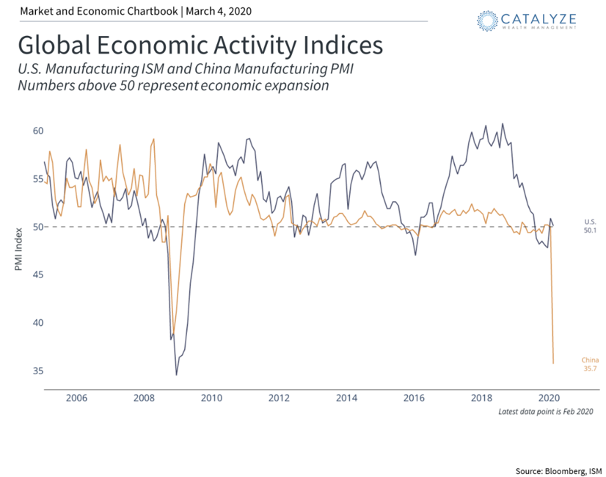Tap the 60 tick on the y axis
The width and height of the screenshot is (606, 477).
click(37, 131)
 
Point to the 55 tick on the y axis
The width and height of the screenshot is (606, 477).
click(37, 179)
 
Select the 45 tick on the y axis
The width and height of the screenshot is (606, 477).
click(37, 274)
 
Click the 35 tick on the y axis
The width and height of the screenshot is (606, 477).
click(37, 371)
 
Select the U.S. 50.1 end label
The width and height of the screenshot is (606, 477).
click(590, 225)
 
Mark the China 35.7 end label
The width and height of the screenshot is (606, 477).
click(590, 364)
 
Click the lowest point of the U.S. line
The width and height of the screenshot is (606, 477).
click(177, 375)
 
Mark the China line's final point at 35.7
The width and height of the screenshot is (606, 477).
click(553, 363)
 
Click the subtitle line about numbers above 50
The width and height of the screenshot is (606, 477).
click(172, 85)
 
